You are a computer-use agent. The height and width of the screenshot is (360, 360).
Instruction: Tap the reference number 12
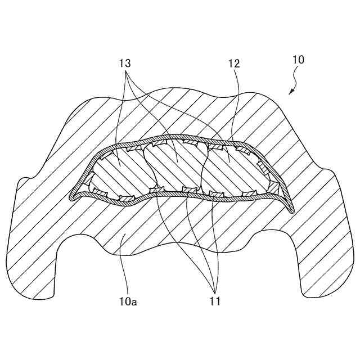tap(234, 64)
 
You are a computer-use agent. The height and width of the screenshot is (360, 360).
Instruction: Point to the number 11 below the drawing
tap(214, 303)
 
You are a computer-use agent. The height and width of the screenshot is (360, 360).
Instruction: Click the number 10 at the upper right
tap(299, 60)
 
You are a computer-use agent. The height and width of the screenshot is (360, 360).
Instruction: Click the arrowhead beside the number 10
tap(291, 92)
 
